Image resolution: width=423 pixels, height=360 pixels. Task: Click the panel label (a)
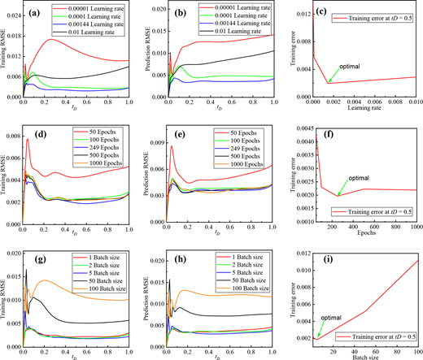tap(35, 11)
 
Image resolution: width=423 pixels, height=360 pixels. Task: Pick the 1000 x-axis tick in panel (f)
tap(413, 219)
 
